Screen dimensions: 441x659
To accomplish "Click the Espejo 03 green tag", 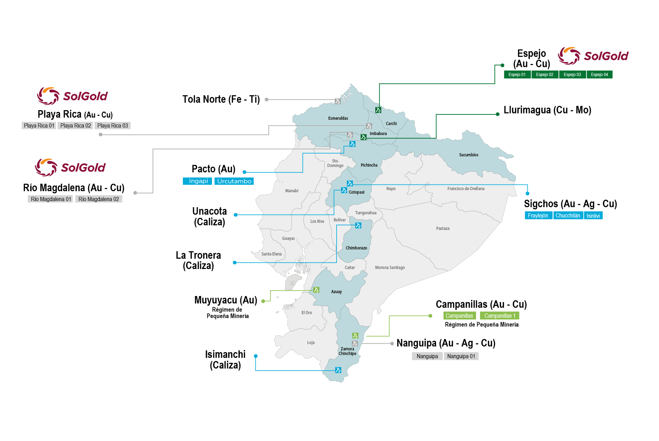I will (x=572, y=75).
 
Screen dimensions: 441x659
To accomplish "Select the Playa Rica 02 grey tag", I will (x=75, y=125).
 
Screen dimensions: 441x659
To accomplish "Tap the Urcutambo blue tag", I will (x=234, y=181).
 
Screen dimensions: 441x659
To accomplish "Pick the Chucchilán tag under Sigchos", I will (x=567, y=215).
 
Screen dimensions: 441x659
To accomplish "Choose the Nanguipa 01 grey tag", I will (x=461, y=356).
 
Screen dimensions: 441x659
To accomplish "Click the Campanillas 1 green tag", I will (x=499, y=316).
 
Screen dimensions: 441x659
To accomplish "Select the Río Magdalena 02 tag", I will (x=98, y=199).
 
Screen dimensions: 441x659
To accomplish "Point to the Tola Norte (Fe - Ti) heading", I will (x=221, y=100).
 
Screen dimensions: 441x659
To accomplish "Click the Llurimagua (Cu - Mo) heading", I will (x=547, y=110).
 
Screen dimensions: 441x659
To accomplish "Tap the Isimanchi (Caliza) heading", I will (x=225, y=360).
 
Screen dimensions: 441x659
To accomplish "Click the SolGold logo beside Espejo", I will (x=593, y=56).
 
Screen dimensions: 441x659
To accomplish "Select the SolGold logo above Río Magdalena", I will (x=70, y=167).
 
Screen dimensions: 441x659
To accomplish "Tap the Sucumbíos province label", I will (x=468, y=155).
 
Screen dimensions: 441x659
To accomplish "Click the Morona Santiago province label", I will (x=390, y=268).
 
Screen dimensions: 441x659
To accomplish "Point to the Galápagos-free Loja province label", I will (x=311, y=343).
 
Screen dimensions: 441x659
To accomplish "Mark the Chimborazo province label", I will (x=356, y=248).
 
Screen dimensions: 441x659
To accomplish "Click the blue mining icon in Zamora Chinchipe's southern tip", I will (x=338, y=370).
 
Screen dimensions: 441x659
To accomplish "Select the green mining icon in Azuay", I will (x=316, y=290).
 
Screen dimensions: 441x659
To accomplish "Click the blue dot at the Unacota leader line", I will (x=235, y=215).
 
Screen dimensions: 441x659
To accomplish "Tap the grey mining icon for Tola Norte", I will (x=338, y=101).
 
